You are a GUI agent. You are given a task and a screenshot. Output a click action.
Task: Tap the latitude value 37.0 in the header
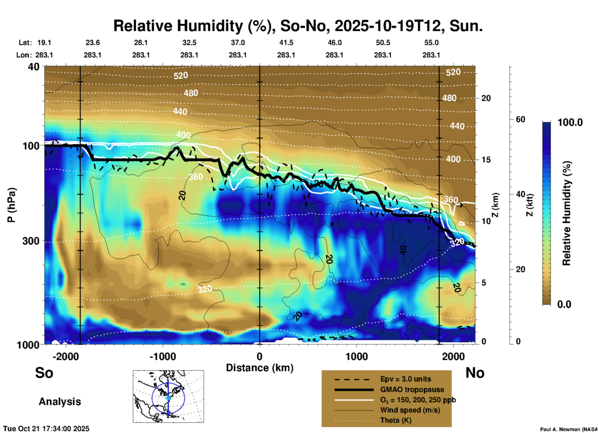tap(238, 43)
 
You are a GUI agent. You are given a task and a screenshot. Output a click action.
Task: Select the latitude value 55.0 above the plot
tap(431, 43)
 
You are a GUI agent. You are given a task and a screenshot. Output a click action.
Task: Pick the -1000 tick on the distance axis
tap(162, 357)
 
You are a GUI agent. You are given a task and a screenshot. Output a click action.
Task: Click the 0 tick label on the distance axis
tap(260, 357)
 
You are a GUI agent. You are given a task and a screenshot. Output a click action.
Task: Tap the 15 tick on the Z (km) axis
tap(486, 160)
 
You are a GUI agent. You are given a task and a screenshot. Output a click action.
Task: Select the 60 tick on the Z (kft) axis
tap(520, 119)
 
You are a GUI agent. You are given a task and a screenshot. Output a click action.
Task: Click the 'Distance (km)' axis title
tap(260, 368)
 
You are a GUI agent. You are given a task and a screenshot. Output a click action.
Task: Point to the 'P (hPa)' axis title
tap(11, 205)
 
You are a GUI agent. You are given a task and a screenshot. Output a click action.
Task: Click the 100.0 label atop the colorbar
tap(570, 122)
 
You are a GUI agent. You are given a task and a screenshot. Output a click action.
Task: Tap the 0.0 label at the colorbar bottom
tap(564, 304)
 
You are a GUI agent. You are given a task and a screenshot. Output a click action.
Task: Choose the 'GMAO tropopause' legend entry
tap(412, 390)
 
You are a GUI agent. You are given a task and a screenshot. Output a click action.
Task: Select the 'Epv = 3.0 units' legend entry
tap(405, 379)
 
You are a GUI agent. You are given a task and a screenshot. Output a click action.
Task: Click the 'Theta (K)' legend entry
tap(396, 420)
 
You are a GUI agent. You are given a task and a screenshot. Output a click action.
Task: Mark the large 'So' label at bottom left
tap(44, 373)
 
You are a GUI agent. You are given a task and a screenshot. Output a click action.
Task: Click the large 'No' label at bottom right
tap(475, 373)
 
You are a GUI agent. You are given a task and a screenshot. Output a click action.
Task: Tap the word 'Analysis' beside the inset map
tap(60, 402)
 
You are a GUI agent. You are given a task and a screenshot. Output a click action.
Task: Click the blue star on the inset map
tap(168, 398)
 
